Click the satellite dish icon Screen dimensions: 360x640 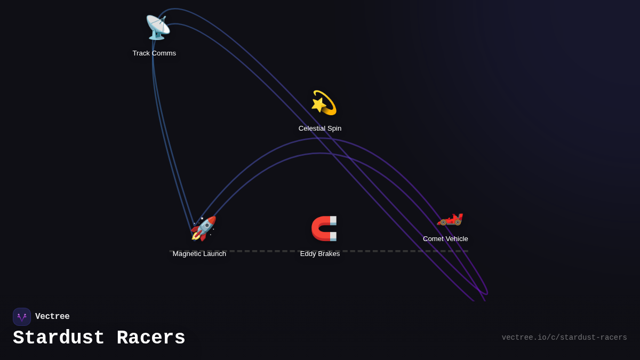[x=157, y=27]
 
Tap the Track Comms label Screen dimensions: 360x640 [x=154, y=53]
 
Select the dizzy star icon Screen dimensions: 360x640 [x=324, y=102]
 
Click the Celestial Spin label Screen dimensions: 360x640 [x=320, y=129]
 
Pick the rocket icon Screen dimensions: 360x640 [x=203, y=228]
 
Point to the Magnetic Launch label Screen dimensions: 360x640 [x=199, y=254]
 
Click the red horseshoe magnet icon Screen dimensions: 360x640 [x=324, y=228]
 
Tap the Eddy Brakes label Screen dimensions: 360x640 [x=320, y=254]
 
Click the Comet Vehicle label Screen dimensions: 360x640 [x=445, y=239]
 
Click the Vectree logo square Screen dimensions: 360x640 [x=22, y=317]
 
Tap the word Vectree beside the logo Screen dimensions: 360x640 [x=52, y=317]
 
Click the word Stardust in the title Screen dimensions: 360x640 [x=59, y=338]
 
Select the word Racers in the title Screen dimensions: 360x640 [x=151, y=338]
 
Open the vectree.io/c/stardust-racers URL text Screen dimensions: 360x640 [x=564, y=338]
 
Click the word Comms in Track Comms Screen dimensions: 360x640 [x=164, y=53]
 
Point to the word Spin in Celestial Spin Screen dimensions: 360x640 [x=334, y=129]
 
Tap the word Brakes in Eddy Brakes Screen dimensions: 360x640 [x=329, y=254]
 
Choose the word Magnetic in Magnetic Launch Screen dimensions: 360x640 [x=188, y=254]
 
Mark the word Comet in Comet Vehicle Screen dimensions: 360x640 [x=434, y=239]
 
